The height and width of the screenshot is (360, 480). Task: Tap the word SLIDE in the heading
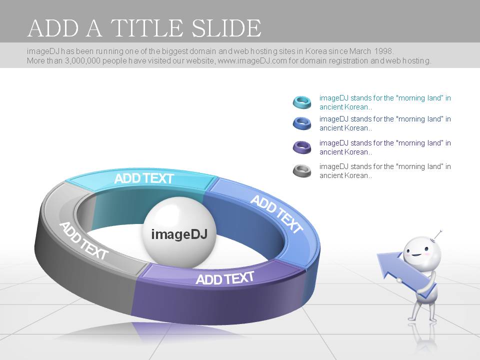pyautogui.click(x=226, y=28)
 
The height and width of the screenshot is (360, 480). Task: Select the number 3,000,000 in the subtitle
pyautogui.click(x=82, y=60)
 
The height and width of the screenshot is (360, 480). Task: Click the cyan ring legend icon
pyautogui.click(x=302, y=102)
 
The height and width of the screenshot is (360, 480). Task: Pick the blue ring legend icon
pyautogui.click(x=302, y=123)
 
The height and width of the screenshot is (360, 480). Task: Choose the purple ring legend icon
pyautogui.click(x=302, y=147)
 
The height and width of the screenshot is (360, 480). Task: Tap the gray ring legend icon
pyautogui.click(x=302, y=171)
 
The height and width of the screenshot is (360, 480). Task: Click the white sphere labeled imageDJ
pyautogui.click(x=179, y=232)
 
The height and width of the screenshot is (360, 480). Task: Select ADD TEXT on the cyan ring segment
pyautogui.click(x=144, y=178)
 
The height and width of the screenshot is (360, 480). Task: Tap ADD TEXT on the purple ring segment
pyautogui.click(x=225, y=278)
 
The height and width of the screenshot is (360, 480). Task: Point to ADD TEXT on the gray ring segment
pyautogui.click(x=83, y=241)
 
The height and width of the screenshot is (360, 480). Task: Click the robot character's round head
pyautogui.click(x=422, y=252)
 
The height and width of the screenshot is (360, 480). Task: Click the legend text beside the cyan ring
pyautogui.click(x=385, y=102)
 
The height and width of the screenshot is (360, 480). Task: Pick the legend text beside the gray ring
pyautogui.click(x=385, y=171)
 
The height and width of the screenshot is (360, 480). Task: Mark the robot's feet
pyautogui.click(x=423, y=319)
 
